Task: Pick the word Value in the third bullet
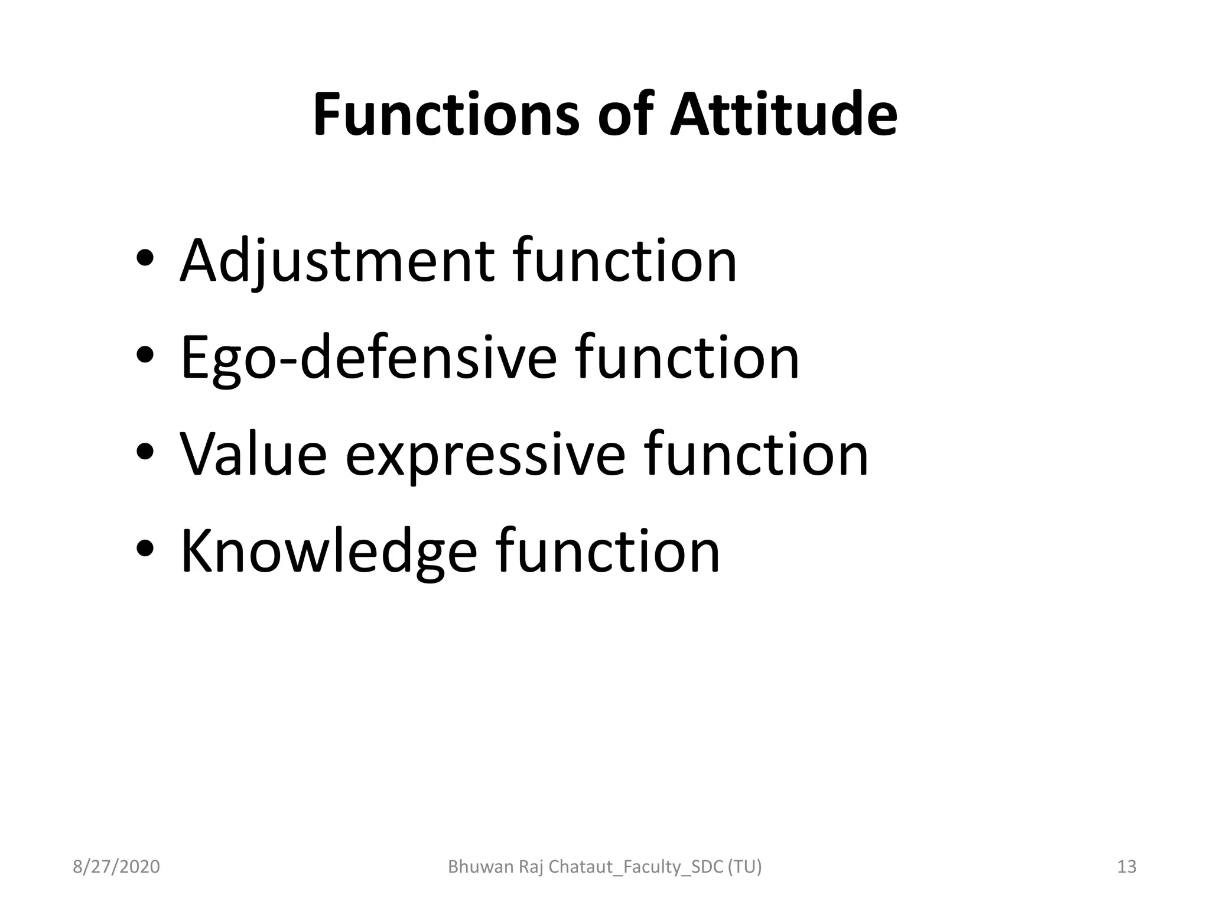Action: coord(253,455)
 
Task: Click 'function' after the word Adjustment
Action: coord(625,260)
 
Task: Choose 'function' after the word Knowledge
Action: coord(608,551)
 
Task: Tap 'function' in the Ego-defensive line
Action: coord(687,357)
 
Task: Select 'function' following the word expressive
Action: coord(756,454)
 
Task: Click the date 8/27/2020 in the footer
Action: coord(116,867)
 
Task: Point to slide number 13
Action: coord(1127,867)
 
